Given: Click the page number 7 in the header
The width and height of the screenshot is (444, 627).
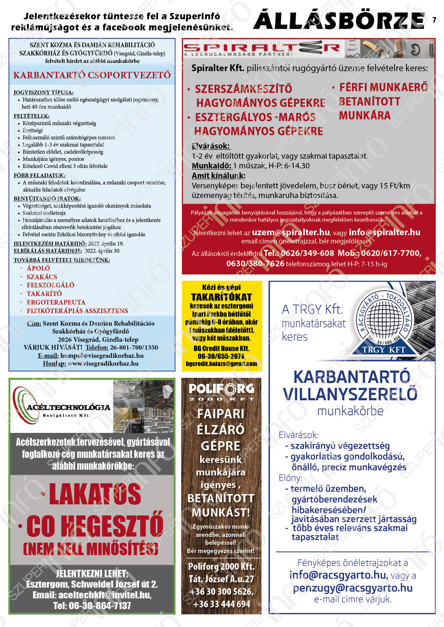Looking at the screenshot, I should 434,20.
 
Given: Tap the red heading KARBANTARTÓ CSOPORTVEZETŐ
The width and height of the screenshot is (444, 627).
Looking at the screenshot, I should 92,75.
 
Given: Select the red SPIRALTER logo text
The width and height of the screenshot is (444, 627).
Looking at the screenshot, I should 261,48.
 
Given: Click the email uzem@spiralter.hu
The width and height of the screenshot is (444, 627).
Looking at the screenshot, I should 291,232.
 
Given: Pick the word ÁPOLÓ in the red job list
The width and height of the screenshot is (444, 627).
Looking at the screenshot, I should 38,268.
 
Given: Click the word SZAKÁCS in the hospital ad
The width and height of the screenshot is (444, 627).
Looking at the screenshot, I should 42,277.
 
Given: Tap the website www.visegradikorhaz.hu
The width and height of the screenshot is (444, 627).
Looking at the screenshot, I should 103,364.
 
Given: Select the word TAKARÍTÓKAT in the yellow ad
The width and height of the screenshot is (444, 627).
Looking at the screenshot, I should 222,297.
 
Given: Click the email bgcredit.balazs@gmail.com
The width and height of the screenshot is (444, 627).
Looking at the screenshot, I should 222,364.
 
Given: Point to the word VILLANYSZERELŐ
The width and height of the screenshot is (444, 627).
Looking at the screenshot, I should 351,394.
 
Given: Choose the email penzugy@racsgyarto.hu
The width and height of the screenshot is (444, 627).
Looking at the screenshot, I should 353,588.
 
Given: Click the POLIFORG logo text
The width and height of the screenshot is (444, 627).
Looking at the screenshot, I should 221,389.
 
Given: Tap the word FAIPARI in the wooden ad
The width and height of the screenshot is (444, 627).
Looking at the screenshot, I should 221,414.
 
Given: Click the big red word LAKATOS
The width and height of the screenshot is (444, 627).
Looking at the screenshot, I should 95,494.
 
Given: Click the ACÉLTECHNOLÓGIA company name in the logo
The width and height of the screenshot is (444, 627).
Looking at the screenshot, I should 68,408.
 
